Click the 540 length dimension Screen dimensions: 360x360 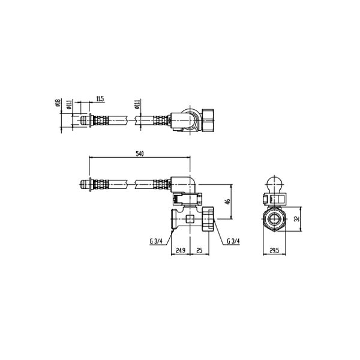(140, 154)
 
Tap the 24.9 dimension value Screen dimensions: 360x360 (180, 251)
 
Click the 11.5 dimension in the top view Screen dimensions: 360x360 (100, 98)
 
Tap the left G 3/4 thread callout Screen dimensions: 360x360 (157, 241)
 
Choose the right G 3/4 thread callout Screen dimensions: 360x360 (233, 241)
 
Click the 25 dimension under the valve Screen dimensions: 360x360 (199, 251)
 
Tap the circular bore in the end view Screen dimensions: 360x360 (275, 220)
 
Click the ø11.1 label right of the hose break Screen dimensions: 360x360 (137, 104)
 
